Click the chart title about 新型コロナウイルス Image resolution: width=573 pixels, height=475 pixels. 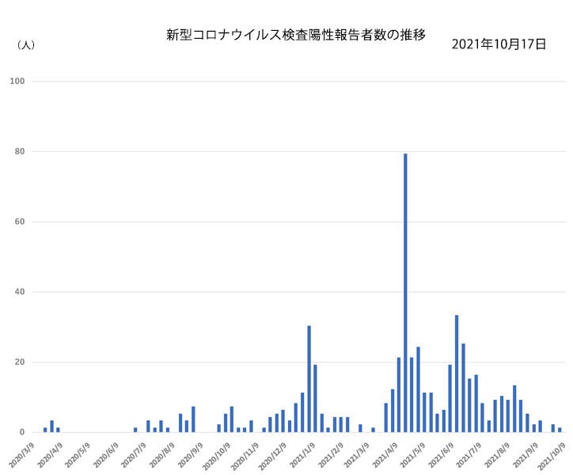296,35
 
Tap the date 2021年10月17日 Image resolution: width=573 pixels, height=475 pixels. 499,44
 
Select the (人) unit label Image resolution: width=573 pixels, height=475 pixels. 25,45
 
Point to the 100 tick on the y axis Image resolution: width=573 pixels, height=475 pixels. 17,81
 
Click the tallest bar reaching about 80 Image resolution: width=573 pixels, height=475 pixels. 405,293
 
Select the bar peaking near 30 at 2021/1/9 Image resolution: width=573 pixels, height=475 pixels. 309,379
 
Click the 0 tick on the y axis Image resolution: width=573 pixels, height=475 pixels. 22,432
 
